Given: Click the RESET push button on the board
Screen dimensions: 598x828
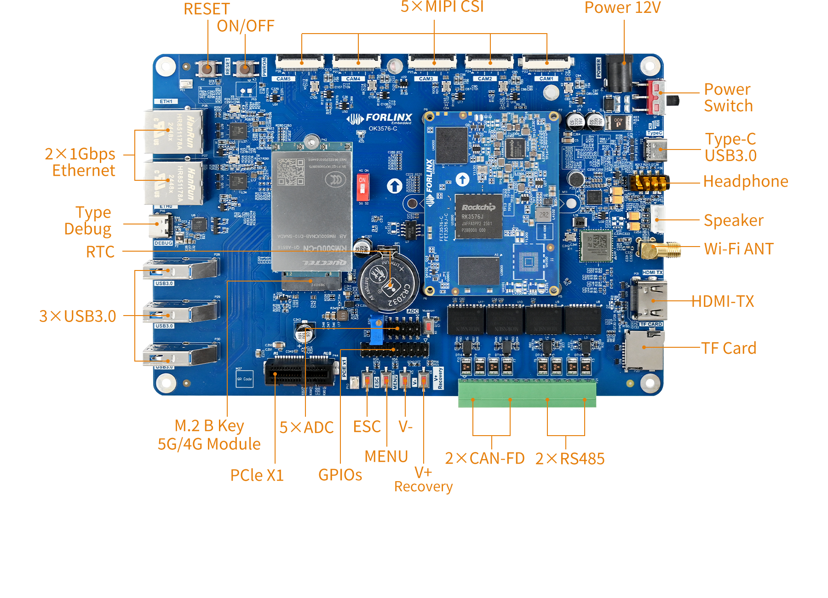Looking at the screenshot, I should [208, 69].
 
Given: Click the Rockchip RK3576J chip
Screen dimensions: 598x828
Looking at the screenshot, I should [478, 216].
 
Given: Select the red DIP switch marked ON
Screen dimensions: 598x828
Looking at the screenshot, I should [362, 186].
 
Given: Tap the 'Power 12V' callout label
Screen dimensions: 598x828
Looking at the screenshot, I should [623, 7].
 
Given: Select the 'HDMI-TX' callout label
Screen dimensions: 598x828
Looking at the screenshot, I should [723, 301].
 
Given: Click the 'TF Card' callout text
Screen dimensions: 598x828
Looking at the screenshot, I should [729, 348].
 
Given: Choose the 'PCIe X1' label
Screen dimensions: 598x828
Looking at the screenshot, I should [257, 475].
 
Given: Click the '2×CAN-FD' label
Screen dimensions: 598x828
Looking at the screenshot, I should [485, 459].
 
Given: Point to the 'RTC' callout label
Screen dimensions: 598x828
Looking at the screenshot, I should [100, 252].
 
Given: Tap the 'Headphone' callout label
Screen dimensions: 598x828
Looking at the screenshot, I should [746, 182].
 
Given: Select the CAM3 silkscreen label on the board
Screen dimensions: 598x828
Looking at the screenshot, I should [426, 79].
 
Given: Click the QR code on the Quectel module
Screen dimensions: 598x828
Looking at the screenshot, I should [291, 171].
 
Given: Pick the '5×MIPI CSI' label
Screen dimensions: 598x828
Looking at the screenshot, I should [442, 6].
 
